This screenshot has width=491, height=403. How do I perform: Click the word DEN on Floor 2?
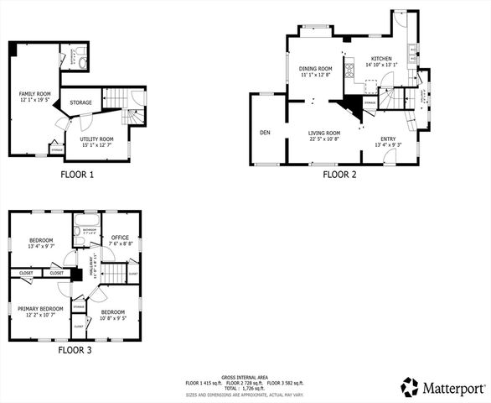coord(265,133)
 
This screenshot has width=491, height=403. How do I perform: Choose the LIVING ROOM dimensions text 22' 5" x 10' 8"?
coord(323,139)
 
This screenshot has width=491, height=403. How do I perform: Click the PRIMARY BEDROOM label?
coord(40,308)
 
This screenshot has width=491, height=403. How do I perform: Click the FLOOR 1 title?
coord(77,175)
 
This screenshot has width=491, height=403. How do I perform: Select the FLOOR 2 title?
coord(340,175)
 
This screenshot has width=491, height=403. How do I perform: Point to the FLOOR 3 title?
coord(77,349)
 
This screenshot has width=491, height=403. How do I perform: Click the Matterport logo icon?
coord(409,387)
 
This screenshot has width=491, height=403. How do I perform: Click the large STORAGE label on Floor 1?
coord(81,102)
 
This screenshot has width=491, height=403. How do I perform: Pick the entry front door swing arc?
coord(388,156)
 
